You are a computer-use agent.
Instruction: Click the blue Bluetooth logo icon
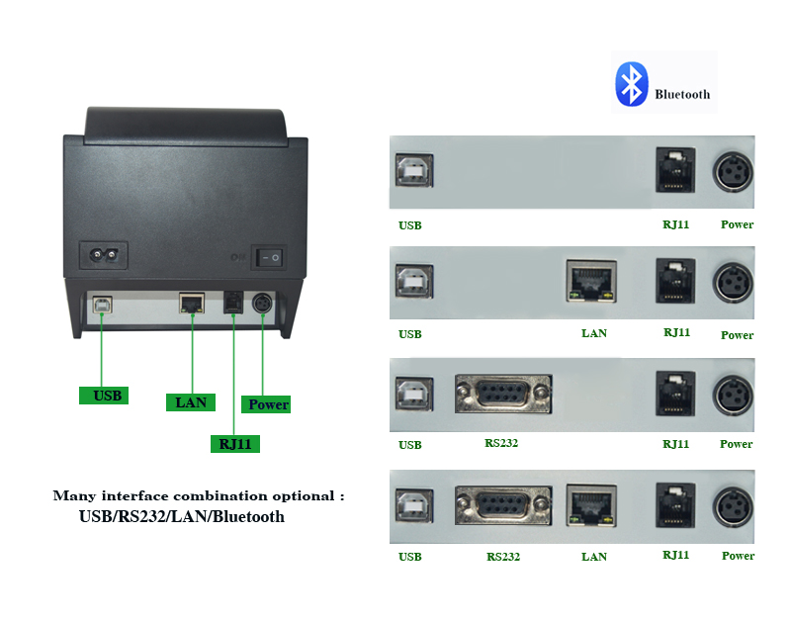point(632,84)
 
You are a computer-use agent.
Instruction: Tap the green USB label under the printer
point(107,396)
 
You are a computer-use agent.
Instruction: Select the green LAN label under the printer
point(191,402)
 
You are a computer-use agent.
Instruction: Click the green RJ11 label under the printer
point(235,444)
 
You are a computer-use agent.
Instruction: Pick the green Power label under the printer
point(268,404)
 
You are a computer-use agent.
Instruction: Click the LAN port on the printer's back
point(192,303)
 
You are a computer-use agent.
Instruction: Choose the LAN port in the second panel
point(591,281)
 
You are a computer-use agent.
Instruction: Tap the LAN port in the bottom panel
point(591,505)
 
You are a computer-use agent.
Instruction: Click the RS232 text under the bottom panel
point(502,557)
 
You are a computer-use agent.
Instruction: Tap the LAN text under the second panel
point(594,333)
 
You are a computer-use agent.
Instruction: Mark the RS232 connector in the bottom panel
point(502,505)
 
